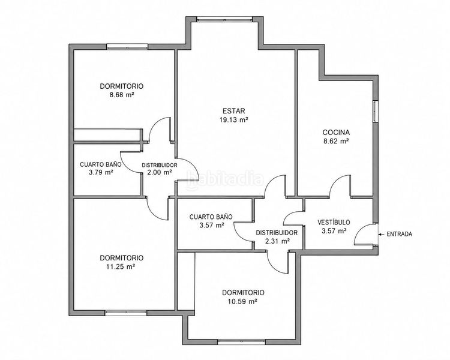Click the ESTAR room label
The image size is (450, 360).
pos(234,111)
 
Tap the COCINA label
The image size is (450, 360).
pos(336,133)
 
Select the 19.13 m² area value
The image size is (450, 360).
pos(233,120)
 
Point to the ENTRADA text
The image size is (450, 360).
pos(399,234)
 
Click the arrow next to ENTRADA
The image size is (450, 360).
pos(382,234)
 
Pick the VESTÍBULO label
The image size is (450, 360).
pos(334,222)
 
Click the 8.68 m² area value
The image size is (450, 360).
pos(122,95)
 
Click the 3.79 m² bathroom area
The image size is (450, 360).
pos(100,172)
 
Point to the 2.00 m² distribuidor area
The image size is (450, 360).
pos(159,172)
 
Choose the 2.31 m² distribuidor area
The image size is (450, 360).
pos(277,241)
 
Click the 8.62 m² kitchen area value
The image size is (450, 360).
pos(336,141)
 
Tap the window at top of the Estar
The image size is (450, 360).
pos(225,19)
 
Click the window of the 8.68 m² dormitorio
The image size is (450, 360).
pos(127,47)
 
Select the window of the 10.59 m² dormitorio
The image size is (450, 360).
pos(241,342)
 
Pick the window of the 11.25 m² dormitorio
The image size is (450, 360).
pos(126,313)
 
